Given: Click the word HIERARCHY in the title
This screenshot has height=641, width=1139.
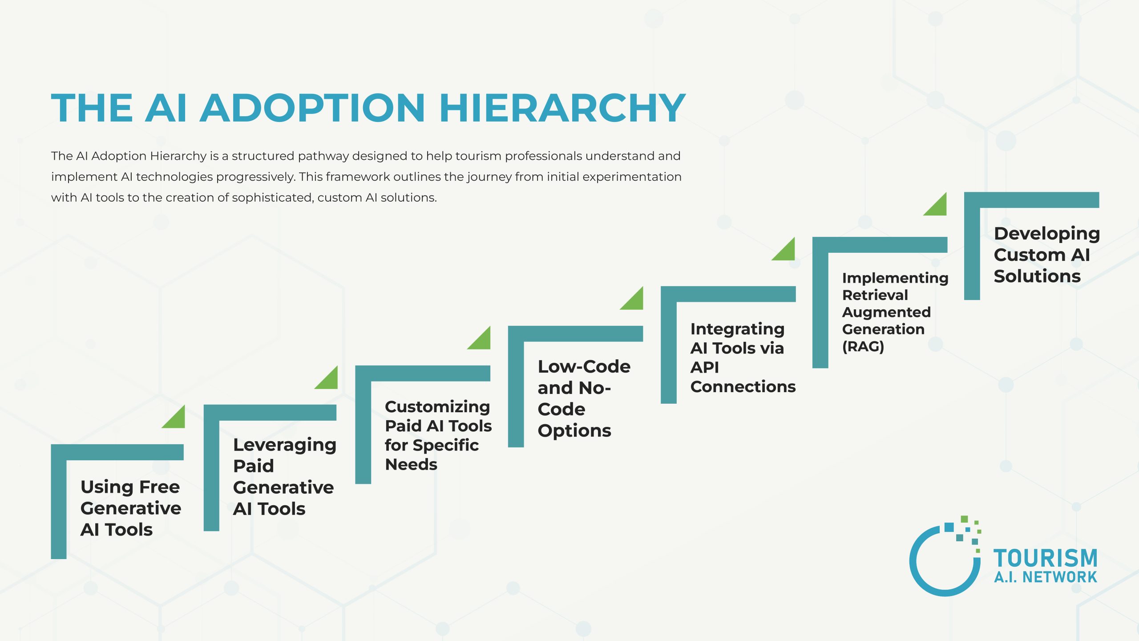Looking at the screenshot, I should tap(562, 108).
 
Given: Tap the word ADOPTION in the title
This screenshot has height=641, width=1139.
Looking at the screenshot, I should tap(312, 108).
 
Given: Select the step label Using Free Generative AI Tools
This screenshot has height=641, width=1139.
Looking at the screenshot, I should tap(130, 508).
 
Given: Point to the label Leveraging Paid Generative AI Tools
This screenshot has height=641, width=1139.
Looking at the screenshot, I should tap(284, 476).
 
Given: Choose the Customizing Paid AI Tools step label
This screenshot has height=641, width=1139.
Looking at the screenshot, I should tap(438, 435).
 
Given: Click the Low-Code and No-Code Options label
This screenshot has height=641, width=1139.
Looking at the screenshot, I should tap(583, 398).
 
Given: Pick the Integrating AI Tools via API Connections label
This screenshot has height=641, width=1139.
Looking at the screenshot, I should tap(742, 357).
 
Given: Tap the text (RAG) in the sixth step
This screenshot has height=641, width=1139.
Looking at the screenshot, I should tap(863, 346).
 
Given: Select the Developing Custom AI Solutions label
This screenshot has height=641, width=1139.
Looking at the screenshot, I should tap(1046, 255).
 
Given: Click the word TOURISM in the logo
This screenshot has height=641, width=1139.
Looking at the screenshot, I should tap(1046, 558).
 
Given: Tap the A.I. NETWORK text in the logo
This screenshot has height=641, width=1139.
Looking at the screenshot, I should tap(1046, 577).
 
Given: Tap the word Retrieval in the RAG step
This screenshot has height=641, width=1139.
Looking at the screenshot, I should tap(875, 295).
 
